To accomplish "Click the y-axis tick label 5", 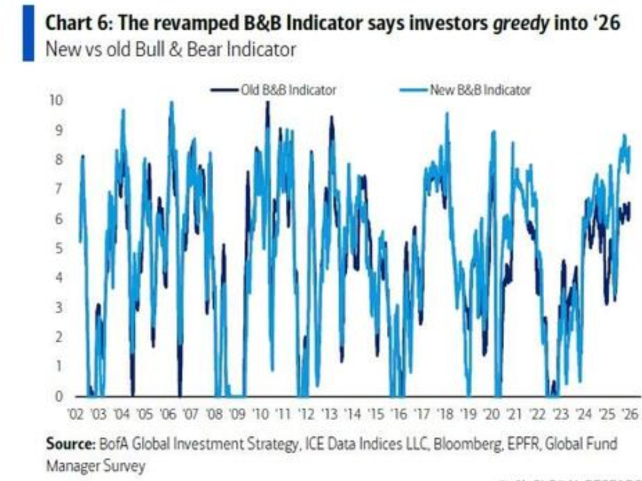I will click(x=60, y=249).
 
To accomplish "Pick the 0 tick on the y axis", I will click(x=60, y=396).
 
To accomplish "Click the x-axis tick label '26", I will click(x=629, y=414).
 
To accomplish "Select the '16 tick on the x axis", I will click(x=397, y=414).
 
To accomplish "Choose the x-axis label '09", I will click(x=237, y=414).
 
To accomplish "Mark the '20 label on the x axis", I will click(x=491, y=414).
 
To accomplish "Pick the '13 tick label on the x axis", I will click(x=329, y=414).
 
